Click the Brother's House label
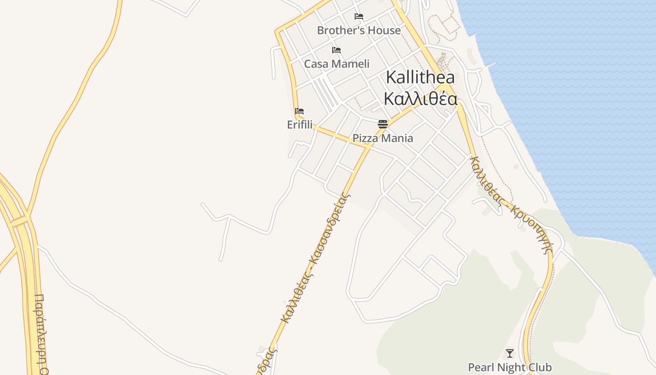point(359,30)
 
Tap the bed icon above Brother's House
point(359,16)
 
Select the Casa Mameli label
point(336,64)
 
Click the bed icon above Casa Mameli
point(336,50)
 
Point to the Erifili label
point(299,125)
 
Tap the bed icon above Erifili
point(299,112)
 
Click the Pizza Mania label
point(383,138)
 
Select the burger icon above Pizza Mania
point(383,124)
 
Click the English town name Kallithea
point(420,77)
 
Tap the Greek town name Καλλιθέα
point(420,99)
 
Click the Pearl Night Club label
point(510,367)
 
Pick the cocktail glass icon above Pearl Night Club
point(510,353)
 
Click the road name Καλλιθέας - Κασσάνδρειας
point(315,258)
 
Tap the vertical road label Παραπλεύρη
point(40,333)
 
